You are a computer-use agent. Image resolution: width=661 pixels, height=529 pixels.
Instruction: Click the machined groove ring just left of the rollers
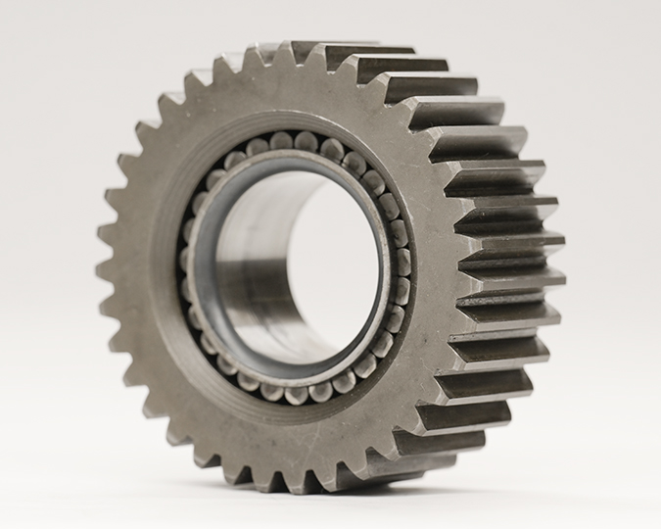click(x=171, y=264)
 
